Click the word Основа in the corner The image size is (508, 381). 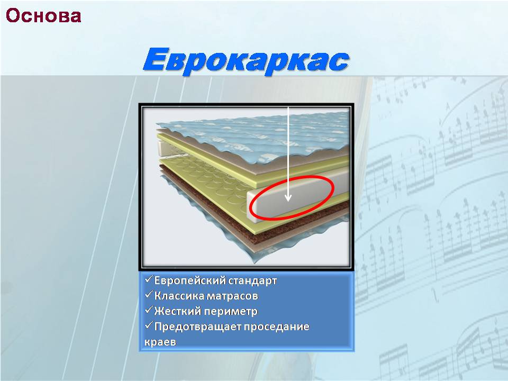coord(43,15)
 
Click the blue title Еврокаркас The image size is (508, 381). coord(246,60)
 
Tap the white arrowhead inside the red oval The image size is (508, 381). coord(288,197)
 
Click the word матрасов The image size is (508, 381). coord(232,296)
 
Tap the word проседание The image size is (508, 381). coord(276,326)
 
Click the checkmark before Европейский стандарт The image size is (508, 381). coord(149,279)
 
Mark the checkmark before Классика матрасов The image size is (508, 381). coord(149,295)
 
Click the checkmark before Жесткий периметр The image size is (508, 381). coord(149,310)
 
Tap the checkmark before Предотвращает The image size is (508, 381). coord(149,325)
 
